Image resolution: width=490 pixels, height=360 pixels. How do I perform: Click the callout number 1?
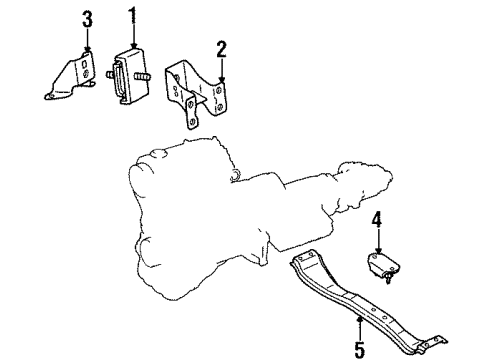tap(133, 15)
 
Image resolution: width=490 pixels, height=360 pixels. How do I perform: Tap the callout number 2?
tap(221, 49)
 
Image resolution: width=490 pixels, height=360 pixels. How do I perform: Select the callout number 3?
tap(87, 20)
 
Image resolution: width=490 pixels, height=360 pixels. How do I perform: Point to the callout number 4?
tap(377, 220)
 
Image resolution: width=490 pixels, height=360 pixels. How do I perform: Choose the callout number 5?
tap(359, 349)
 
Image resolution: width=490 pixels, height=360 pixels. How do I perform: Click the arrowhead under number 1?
tap(134, 45)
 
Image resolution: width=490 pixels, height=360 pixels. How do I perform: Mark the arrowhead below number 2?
tap(221, 79)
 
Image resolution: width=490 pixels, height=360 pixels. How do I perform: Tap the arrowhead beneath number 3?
tap(87, 49)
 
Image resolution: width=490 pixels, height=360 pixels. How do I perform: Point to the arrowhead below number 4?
tap(378, 250)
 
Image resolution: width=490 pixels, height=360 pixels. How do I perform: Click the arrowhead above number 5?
tap(360, 321)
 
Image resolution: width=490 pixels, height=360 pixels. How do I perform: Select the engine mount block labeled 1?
tap(130, 76)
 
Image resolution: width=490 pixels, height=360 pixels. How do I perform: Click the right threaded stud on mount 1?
tap(141, 76)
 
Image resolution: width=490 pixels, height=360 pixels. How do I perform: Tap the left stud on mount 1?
tap(110, 75)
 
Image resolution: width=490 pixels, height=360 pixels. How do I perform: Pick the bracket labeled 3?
tap(73, 77)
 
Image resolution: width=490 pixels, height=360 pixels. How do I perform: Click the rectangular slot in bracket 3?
tap(85, 63)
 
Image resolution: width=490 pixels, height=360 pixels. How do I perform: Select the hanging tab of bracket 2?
tap(191, 113)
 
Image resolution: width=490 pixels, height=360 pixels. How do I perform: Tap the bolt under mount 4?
tap(388, 277)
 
